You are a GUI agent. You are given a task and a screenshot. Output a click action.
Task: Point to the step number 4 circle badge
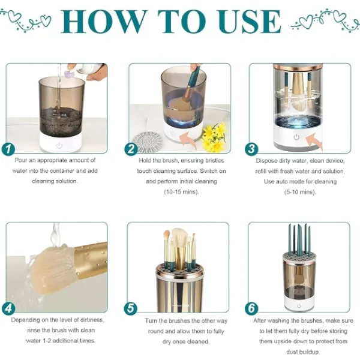point(8,309)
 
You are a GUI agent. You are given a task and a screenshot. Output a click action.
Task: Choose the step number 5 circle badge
point(131,309)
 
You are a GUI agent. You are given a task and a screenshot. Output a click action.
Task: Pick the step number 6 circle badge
point(252,309)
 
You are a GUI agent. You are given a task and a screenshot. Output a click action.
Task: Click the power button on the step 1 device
point(59,145)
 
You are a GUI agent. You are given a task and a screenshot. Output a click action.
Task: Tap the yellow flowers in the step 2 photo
point(214,137)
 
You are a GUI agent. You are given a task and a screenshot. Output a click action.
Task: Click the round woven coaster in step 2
point(147,142)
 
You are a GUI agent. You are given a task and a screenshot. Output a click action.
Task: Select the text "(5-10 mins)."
point(298,192)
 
